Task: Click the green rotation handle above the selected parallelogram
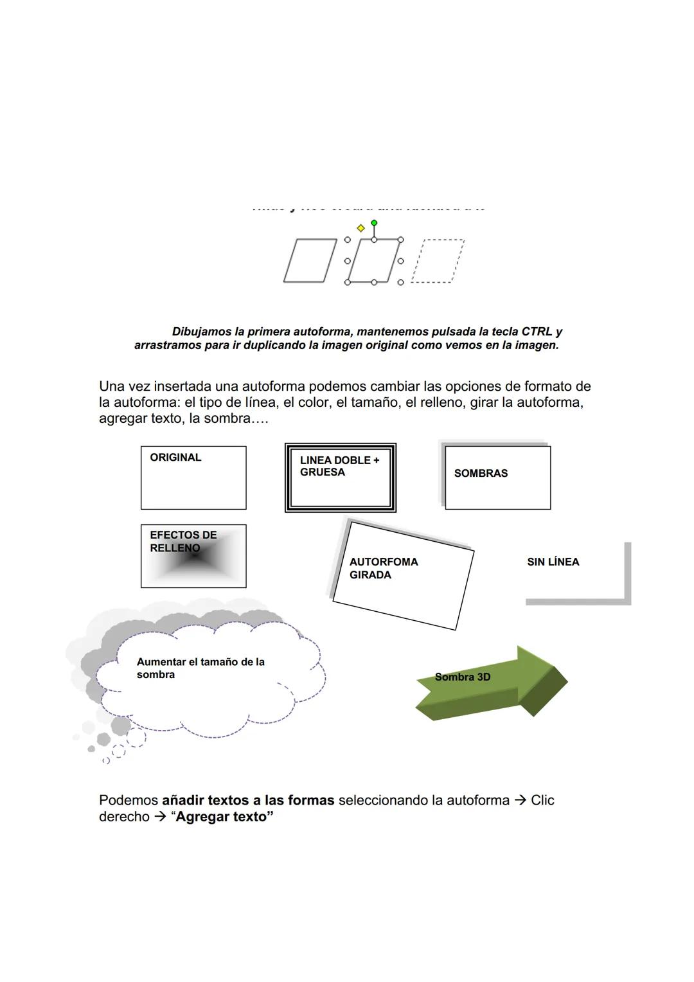374,223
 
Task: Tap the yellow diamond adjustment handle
360,228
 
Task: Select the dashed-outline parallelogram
438,261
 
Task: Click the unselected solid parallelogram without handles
310,260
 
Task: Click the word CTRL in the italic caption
537,332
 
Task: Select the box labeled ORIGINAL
193,478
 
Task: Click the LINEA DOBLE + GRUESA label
339,466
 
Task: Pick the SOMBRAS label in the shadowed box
481,473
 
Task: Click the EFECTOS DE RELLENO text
183,541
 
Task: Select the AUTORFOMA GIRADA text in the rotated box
384,568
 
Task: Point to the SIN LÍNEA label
553,562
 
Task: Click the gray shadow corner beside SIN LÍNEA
627,601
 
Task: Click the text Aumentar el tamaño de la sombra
200,668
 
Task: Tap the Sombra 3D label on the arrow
463,677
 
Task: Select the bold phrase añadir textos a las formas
248,800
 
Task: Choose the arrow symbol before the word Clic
520,800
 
